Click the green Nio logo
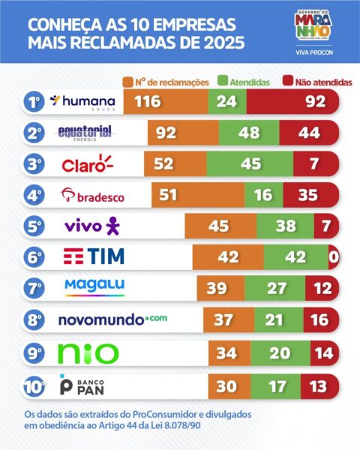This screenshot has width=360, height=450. point(88,352)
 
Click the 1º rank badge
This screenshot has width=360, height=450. point(33,102)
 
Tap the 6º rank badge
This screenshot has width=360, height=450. point(33,257)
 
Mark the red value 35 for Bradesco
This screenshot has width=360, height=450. point(306,196)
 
